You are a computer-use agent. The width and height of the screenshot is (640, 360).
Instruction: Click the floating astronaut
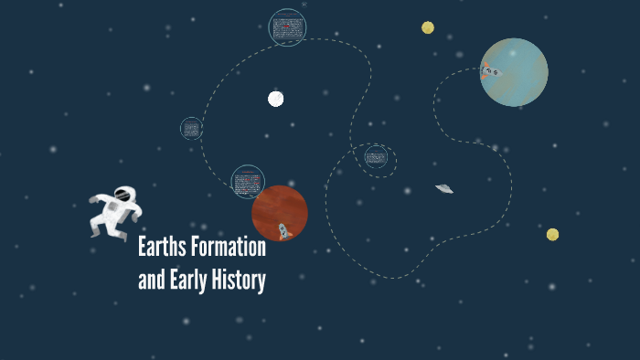pos(115,214)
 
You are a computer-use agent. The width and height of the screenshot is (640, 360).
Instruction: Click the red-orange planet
pos(279,212)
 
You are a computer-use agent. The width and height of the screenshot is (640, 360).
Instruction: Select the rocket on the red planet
pos(283,231)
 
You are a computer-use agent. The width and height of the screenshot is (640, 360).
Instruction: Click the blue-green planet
pos(515,72)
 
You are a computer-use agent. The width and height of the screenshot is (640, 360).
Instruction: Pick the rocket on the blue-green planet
pos(491,71)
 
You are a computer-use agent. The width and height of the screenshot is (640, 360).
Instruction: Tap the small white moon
pos(276,99)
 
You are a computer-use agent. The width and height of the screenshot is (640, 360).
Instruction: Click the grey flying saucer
pos(444,189)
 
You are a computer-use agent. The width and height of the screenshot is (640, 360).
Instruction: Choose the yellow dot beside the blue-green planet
pos(428,27)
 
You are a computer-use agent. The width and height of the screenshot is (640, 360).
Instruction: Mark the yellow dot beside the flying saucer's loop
pos(552,235)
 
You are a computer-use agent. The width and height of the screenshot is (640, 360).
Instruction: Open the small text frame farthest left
pos(191,128)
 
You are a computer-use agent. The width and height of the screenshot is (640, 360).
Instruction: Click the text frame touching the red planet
pos(247,181)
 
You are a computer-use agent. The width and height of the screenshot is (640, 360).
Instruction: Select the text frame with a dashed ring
pos(376,158)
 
